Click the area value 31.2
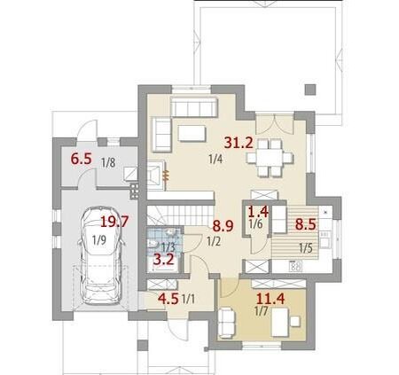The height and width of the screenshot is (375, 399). [x=239, y=143]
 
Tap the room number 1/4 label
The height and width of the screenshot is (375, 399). [x=215, y=160]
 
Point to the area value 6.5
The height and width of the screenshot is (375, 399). [x=81, y=159]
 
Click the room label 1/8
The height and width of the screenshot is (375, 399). [x=108, y=163]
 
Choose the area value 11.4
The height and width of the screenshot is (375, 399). [x=270, y=299]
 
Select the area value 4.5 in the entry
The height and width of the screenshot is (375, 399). [x=168, y=299]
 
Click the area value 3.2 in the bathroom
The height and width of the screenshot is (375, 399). [x=164, y=261]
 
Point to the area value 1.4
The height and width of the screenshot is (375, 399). [x=258, y=212]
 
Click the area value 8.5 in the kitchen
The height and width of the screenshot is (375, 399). [x=306, y=224]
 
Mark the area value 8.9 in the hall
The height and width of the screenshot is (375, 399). [x=223, y=226]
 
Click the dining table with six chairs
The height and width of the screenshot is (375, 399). [x=270, y=158]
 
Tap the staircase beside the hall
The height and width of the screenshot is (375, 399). [x=181, y=215]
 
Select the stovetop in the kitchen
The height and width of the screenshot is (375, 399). [x=295, y=266]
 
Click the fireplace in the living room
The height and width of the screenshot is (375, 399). [x=155, y=176]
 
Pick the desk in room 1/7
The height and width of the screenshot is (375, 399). [x=280, y=322]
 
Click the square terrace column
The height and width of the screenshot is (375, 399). [x=310, y=90]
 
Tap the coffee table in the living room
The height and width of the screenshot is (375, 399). [x=192, y=133]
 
